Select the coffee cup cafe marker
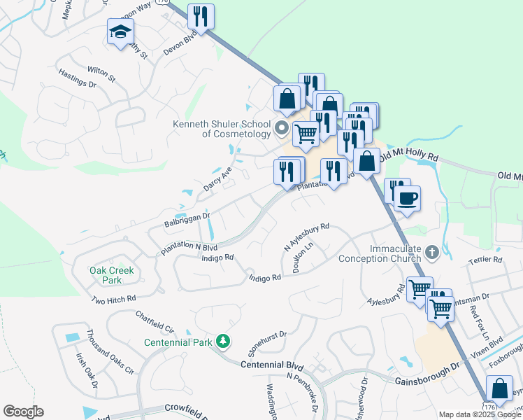click(x=408, y=197)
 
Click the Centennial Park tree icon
click(x=223, y=341)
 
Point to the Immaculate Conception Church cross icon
click(x=432, y=251)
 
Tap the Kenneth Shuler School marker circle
click(x=282, y=127)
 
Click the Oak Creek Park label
click(x=106, y=275)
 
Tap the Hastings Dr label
click(x=77, y=78)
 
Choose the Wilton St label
click(x=100, y=70)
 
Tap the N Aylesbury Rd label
click(x=306, y=237)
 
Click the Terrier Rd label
click(x=487, y=259)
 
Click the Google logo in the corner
click(x=23, y=412)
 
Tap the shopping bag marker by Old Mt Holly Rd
click(x=366, y=161)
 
